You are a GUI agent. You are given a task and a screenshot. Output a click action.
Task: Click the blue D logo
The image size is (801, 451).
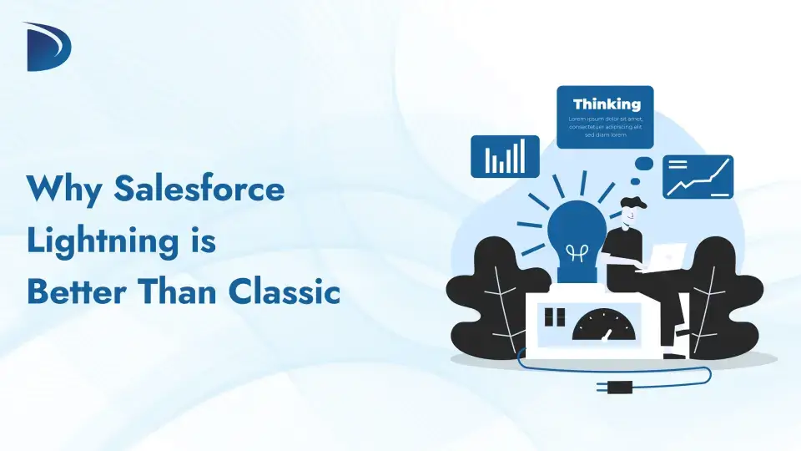pos(48,47)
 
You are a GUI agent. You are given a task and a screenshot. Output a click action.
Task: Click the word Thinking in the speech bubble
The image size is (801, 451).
pos(607,104)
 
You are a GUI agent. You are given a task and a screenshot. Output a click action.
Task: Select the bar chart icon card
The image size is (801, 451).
pos(505,156)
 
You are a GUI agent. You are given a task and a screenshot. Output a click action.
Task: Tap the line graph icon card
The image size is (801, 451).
pos(698,176)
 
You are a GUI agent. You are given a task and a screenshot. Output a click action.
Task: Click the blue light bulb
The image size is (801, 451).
pos(576,234)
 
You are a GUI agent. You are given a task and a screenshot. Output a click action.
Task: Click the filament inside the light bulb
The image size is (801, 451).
pos(576,251)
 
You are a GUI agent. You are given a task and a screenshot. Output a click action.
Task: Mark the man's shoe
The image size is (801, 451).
pos(674,355)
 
